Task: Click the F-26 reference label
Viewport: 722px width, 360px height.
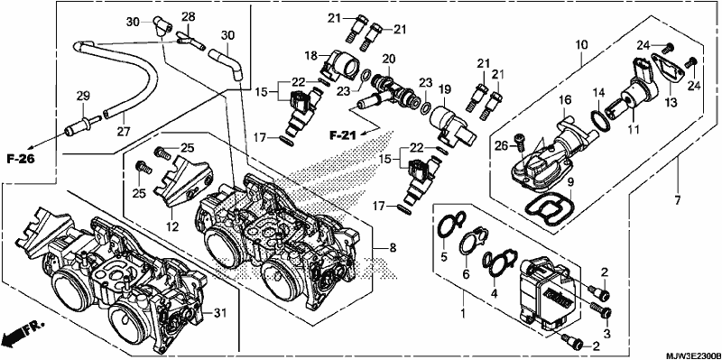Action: [x=22, y=159]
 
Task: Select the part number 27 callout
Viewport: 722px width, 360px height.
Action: [x=124, y=132]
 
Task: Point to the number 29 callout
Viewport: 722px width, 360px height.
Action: [x=83, y=97]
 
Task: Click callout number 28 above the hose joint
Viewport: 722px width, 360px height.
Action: [x=188, y=17]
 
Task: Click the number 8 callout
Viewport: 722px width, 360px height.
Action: [x=392, y=248]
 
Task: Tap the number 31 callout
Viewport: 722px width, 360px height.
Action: [x=221, y=313]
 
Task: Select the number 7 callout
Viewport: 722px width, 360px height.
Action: [x=678, y=200]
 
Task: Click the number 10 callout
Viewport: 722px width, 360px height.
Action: [x=581, y=44]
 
